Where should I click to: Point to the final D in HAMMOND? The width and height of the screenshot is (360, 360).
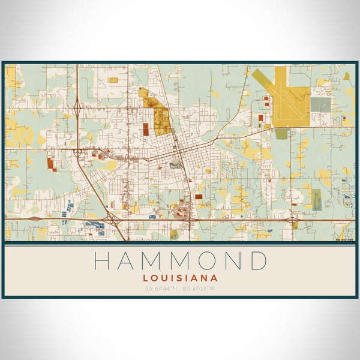[x=258, y=262]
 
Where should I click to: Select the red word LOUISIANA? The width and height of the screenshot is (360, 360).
[x=180, y=278]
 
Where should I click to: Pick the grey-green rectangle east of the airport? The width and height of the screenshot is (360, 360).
[x=320, y=104]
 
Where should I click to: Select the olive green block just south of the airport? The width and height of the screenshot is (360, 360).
[x=281, y=133]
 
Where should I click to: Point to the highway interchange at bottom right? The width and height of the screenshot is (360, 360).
[x=293, y=221]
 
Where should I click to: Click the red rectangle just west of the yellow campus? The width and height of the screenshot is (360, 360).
[x=146, y=128]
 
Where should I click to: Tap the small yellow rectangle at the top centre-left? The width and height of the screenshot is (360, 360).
[x=112, y=79]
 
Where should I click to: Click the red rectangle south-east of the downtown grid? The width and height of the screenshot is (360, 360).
[x=199, y=196]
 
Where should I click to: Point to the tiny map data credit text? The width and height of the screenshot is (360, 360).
[x=344, y=239]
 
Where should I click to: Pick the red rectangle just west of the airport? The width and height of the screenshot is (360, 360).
[x=260, y=119]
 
